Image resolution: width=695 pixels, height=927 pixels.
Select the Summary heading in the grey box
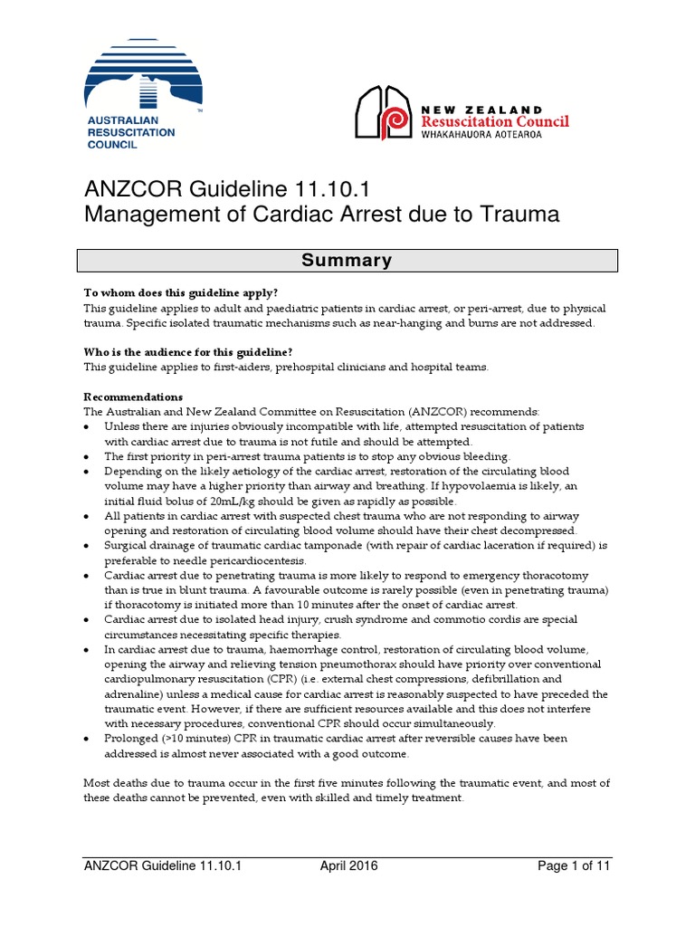(x=347, y=261)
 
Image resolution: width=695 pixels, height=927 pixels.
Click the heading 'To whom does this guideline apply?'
(x=181, y=293)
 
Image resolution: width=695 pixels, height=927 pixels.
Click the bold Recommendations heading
(x=133, y=397)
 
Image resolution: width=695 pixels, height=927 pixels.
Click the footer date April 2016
(x=349, y=866)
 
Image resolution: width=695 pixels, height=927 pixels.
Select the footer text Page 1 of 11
(x=575, y=866)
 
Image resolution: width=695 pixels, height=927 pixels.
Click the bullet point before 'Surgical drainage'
(x=86, y=546)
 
